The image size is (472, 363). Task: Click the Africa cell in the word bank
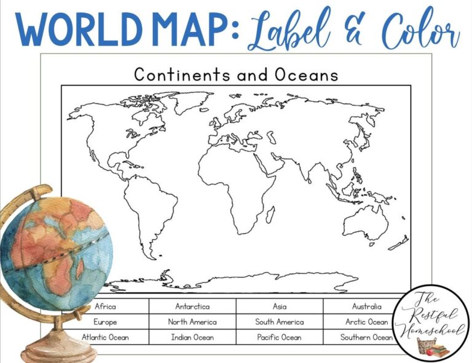click(x=106, y=306)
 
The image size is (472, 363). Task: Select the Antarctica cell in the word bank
click(x=192, y=306)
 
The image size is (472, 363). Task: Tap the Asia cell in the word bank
click(x=280, y=306)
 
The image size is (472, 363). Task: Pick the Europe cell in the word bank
click(x=106, y=321)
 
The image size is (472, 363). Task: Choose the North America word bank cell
click(x=192, y=321)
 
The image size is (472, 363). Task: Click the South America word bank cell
click(x=280, y=321)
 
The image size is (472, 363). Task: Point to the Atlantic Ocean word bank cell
click(x=106, y=337)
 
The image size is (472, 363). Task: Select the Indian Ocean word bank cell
click(x=192, y=337)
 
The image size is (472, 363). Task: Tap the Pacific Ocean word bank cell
click(x=280, y=337)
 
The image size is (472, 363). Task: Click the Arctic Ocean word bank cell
click(x=366, y=321)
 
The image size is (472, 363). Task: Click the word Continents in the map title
click(x=179, y=75)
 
